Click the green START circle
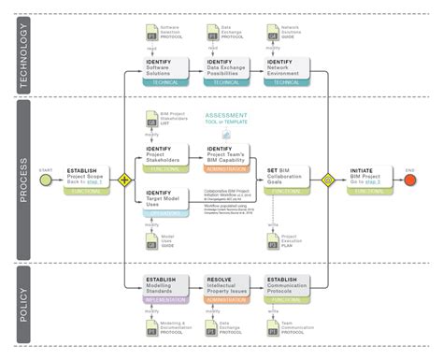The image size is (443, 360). pyautogui.click(x=44, y=176)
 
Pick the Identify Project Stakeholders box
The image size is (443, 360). pyautogui.click(x=167, y=155)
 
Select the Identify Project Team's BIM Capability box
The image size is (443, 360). pyautogui.click(x=228, y=155)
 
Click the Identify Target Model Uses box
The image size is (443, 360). pyautogui.click(x=167, y=201)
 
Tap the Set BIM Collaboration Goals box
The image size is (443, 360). pyautogui.click(x=289, y=178)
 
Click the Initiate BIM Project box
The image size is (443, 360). pyautogui.click(x=373, y=178)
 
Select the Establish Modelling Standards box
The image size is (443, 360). pyautogui.click(x=167, y=286)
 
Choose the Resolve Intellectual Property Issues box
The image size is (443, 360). pyautogui.click(x=228, y=286)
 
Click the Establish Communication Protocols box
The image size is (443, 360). pyautogui.click(x=289, y=286)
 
